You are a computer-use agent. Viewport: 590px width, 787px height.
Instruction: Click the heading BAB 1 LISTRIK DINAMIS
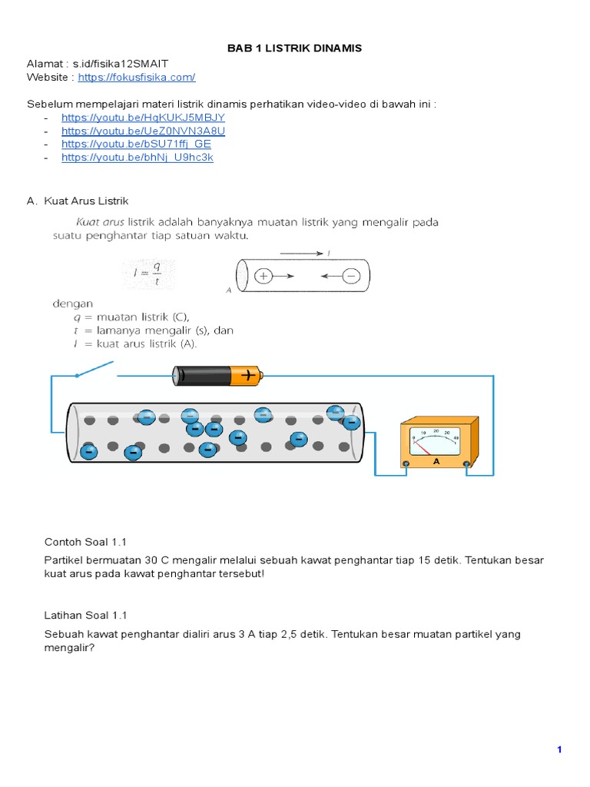[294, 48]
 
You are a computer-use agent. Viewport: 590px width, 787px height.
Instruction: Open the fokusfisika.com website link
[136, 77]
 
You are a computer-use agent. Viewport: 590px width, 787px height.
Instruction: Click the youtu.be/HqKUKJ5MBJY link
[143, 118]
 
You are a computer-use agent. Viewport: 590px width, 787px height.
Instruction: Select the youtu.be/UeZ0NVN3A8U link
[143, 131]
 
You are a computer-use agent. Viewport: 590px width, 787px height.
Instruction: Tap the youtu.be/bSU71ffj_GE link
[136, 144]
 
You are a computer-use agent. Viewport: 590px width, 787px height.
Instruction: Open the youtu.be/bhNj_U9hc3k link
[137, 157]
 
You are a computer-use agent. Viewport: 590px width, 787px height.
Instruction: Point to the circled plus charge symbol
[264, 276]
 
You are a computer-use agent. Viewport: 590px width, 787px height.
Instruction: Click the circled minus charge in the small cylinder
[351, 276]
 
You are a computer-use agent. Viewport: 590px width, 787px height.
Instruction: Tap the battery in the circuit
[218, 376]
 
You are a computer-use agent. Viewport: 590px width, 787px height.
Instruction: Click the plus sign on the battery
[249, 376]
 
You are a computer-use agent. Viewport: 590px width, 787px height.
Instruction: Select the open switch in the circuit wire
[95, 370]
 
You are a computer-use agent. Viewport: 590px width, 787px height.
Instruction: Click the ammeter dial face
[436, 440]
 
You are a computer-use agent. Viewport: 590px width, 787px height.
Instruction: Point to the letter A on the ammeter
[436, 462]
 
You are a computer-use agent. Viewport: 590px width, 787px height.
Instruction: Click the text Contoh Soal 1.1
[85, 542]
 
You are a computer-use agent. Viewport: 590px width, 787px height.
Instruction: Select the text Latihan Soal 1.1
[85, 615]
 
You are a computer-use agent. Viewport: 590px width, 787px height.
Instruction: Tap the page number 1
[559, 749]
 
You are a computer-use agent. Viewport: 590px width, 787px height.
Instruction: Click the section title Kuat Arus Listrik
[86, 201]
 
